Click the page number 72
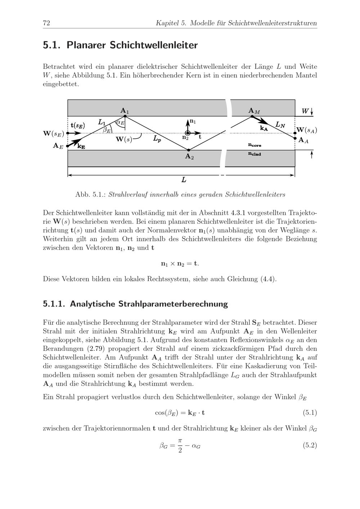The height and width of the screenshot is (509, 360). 46,23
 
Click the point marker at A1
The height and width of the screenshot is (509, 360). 125,116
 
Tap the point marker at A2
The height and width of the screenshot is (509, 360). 189,150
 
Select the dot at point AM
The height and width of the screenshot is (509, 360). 252,116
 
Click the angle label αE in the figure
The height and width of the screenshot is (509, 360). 121,123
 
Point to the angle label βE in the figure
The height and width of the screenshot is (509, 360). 107,130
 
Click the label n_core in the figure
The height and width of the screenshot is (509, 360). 255,145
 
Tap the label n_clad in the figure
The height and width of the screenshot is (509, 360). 255,154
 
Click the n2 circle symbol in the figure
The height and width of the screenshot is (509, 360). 188,133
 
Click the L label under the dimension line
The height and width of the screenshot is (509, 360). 184,179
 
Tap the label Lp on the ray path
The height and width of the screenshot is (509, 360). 157,139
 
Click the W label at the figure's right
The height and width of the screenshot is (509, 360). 305,112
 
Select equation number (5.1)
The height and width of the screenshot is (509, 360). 310,413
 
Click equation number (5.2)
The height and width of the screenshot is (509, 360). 310,445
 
